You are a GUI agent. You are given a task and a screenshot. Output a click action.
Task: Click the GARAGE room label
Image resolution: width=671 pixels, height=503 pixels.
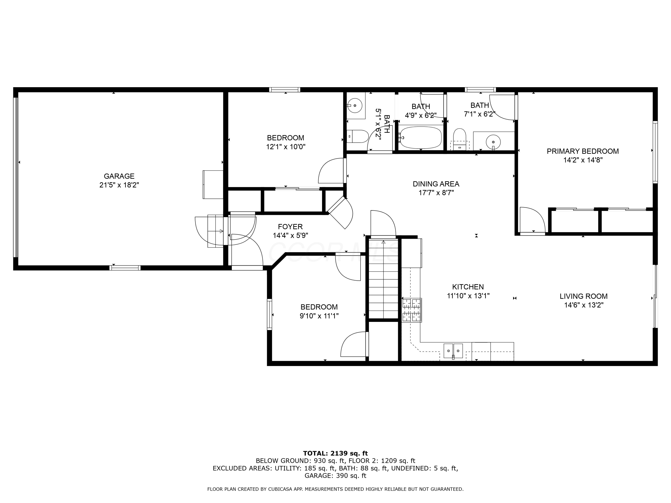(119, 176)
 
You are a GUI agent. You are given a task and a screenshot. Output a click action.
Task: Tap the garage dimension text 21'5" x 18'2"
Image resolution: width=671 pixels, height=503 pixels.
(119, 185)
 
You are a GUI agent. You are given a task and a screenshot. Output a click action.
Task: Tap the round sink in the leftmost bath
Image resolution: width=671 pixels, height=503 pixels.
(355, 106)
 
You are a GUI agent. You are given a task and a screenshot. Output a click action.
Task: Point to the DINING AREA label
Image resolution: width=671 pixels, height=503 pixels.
(436, 184)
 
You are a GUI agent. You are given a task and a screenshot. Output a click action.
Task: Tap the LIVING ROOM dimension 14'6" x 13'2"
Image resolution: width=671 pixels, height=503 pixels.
(583, 305)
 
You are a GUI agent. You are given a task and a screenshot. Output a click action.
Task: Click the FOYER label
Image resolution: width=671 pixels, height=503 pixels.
(290, 226)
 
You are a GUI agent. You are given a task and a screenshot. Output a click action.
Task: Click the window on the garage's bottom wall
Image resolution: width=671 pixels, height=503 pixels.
(125, 268)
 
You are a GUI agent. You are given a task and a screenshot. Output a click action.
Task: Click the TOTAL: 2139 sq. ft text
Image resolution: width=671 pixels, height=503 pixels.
(335, 453)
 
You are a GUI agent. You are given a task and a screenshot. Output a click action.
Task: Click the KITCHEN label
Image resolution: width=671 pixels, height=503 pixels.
(468, 287)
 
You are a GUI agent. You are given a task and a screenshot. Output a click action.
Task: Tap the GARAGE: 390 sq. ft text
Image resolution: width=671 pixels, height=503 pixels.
(335, 476)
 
